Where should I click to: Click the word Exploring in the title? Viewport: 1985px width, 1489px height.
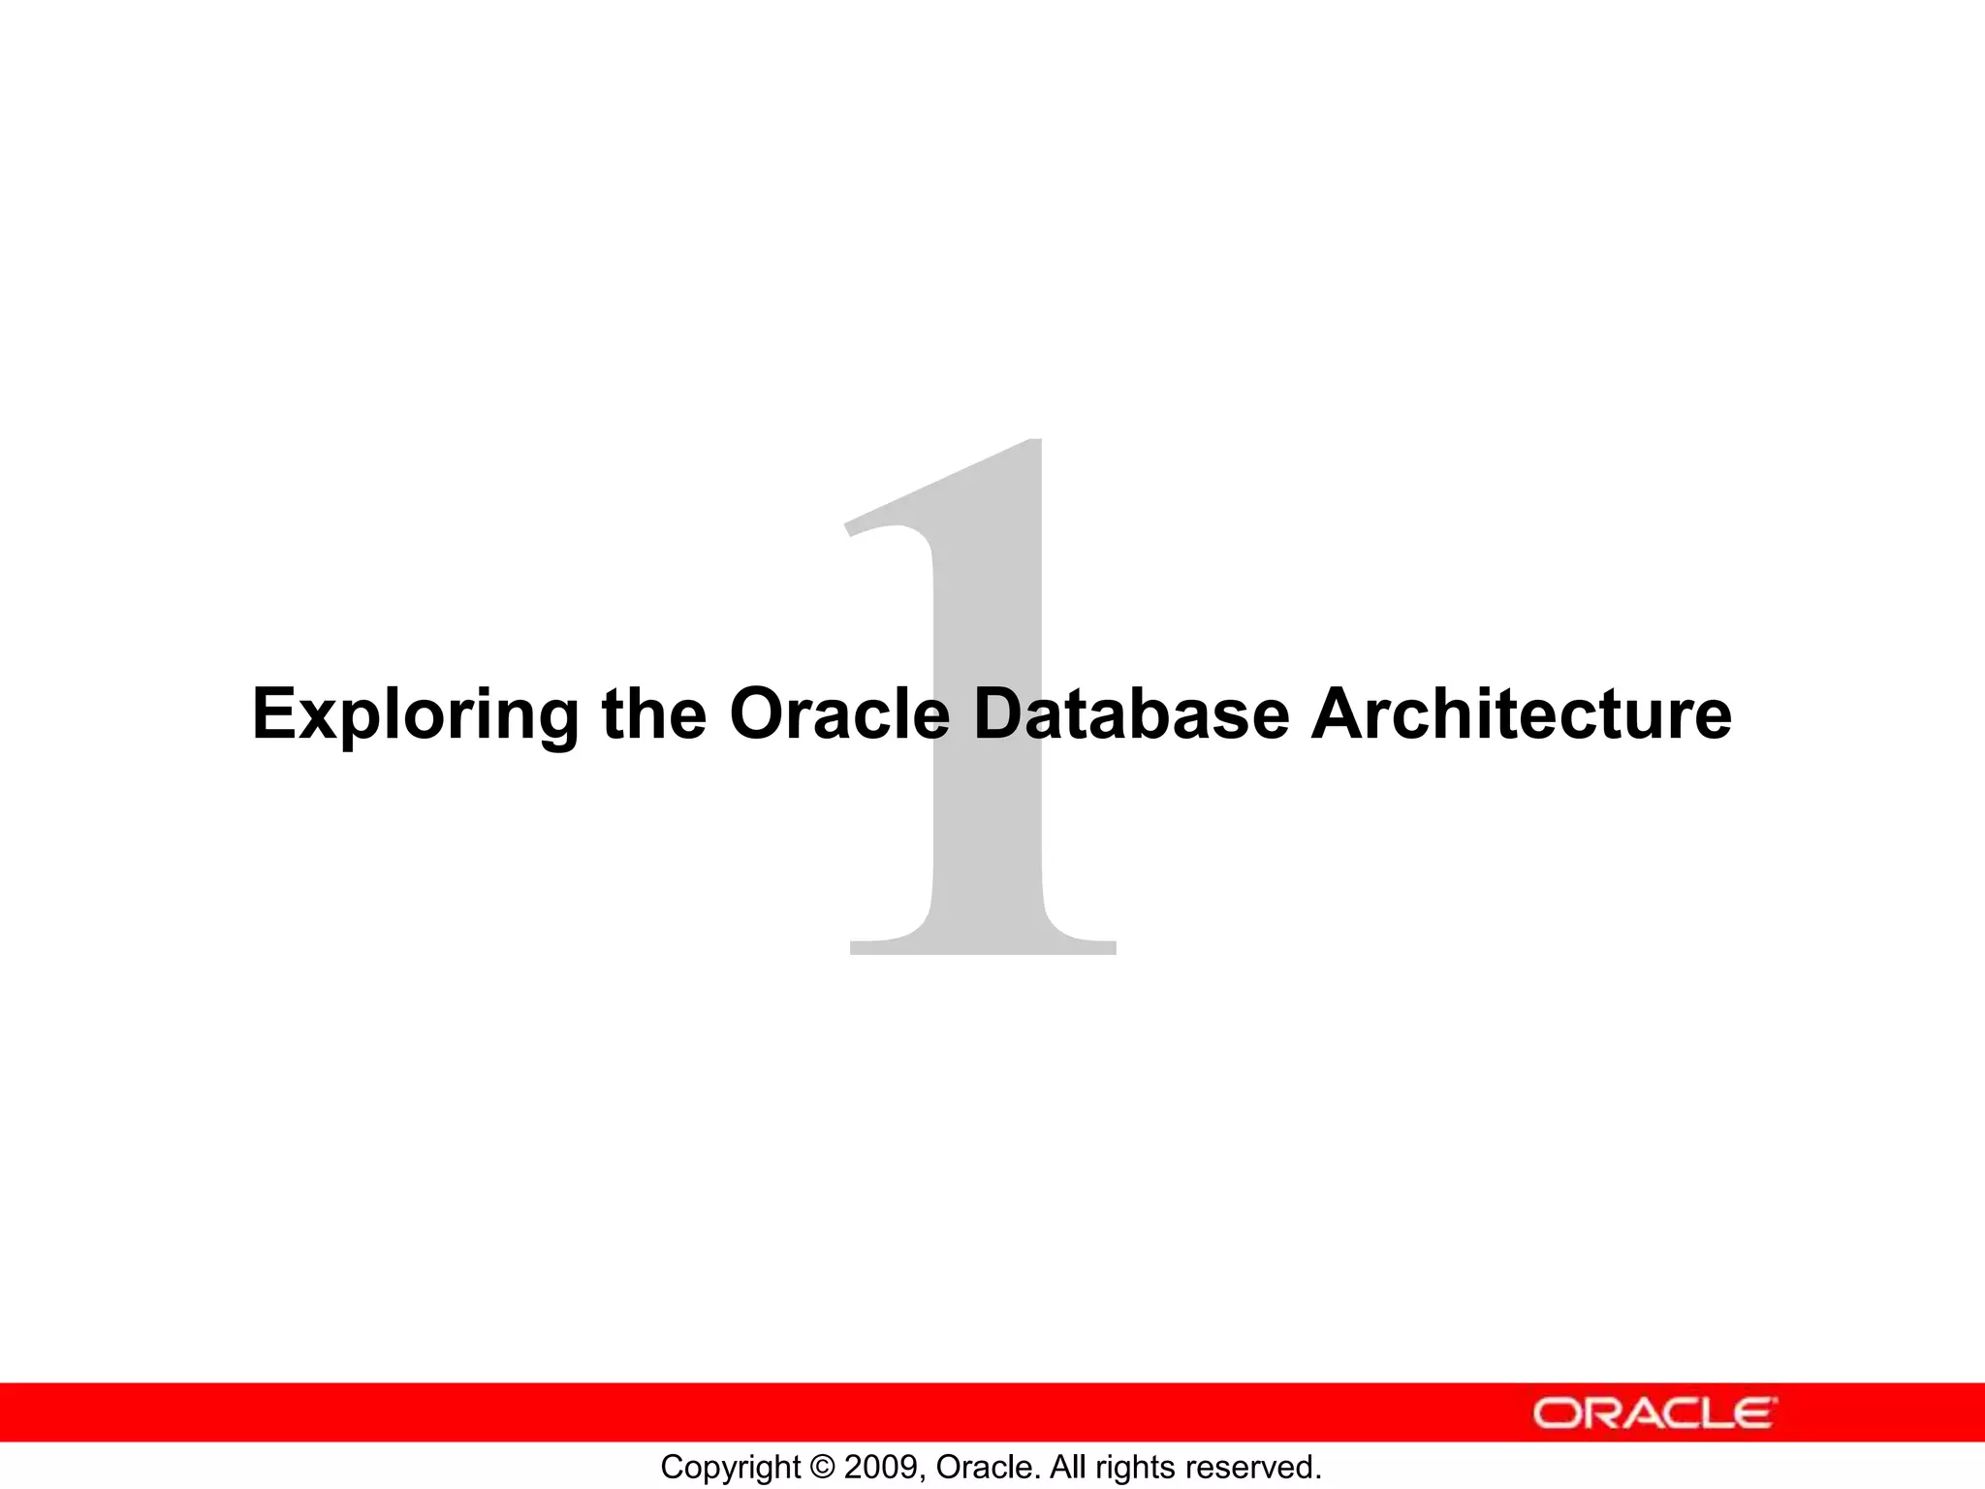pos(415,715)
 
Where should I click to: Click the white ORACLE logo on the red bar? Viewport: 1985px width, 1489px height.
pos(1654,1413)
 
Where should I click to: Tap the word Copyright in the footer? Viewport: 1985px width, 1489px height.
pos(731,1468)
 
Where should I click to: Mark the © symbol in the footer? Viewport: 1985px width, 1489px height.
pos(823,1468)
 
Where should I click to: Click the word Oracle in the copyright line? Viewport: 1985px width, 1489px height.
pos(987,1468)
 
